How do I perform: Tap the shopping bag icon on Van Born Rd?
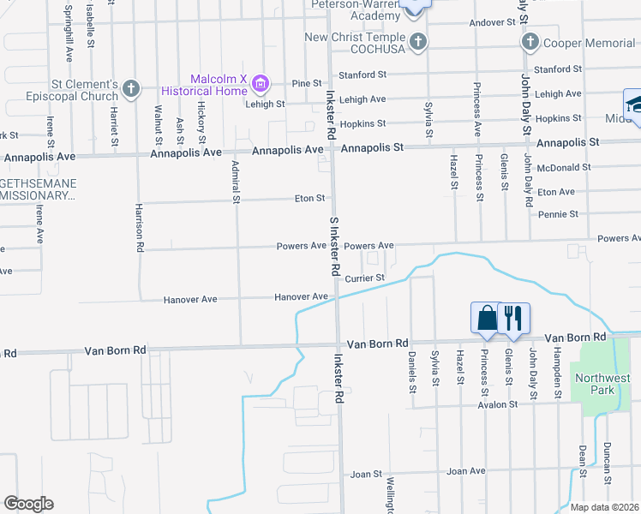487,317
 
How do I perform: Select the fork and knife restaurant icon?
513,317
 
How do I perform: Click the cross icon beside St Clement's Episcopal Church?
131,87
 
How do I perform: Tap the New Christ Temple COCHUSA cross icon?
417,41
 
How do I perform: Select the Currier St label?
365,278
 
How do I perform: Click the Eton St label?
309,198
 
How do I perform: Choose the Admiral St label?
234,182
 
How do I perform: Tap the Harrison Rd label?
140,228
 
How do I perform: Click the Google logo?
28,504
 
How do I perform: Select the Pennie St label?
558,214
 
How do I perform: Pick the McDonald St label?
562,167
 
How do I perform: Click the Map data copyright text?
605,507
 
